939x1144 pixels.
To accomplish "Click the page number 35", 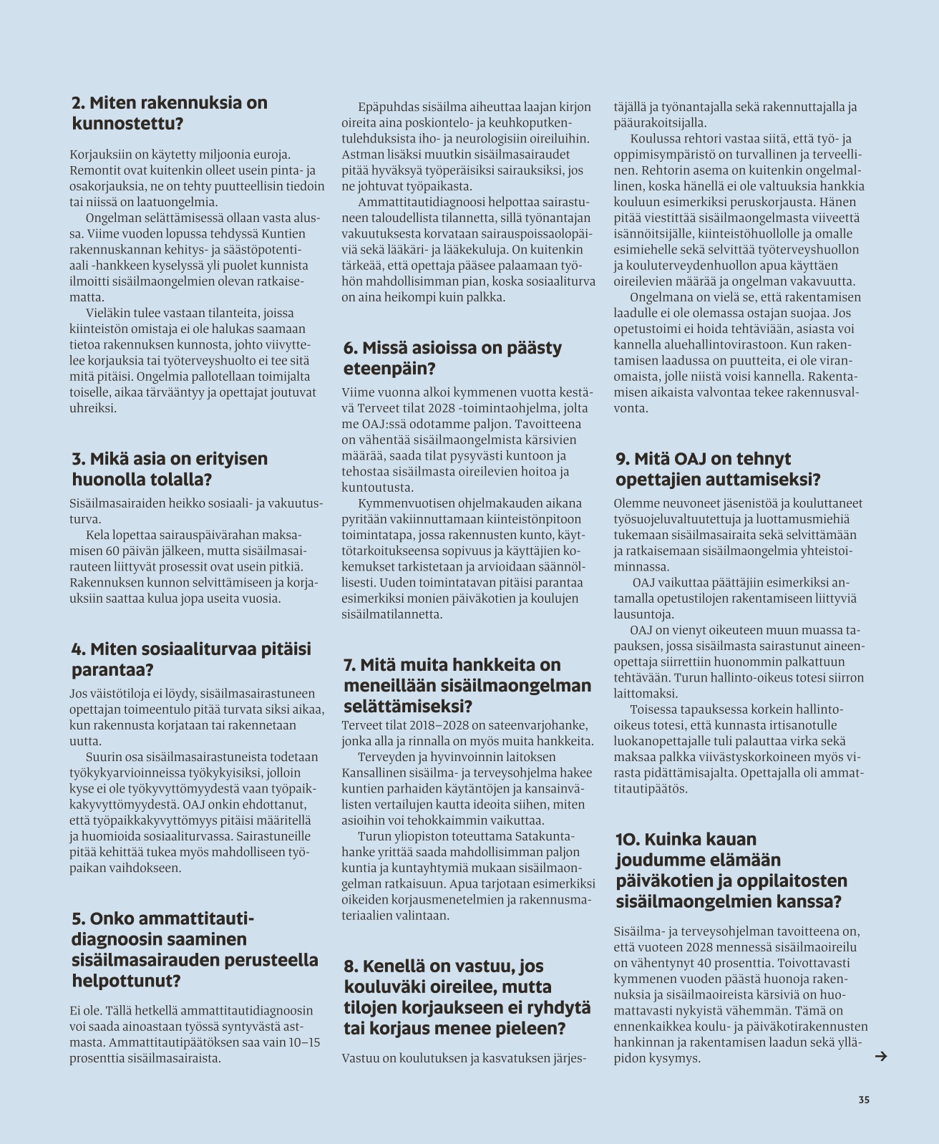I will pos(864,1100).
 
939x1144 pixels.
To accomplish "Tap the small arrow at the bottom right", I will pos(881,1056).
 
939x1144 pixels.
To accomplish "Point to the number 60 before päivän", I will pos(112,551).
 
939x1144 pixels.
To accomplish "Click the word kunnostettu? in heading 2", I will pos(128,123).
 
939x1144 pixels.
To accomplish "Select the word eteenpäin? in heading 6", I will pos(390,369).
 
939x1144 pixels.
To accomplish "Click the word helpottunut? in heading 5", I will pos(126,980).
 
